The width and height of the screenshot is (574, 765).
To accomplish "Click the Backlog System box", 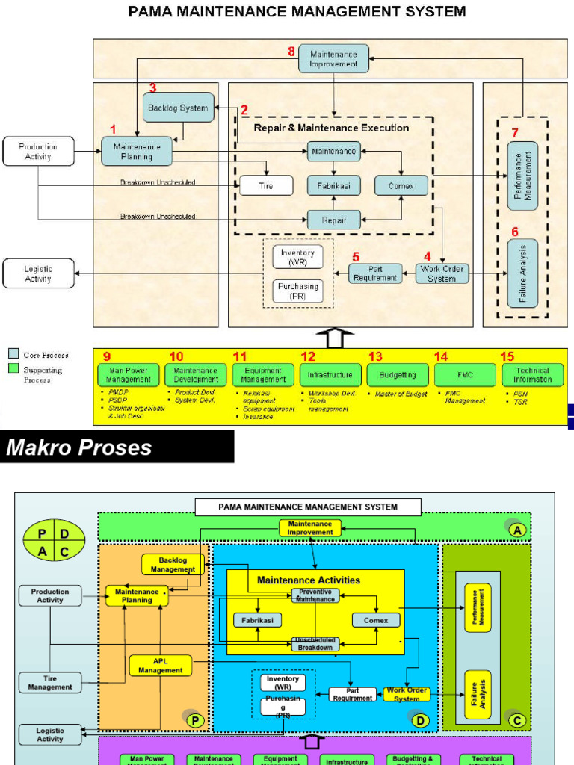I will coord(178,108).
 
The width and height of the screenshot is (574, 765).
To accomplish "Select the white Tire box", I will coord(266,185).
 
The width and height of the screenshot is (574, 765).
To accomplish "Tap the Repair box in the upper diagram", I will coord(333,220).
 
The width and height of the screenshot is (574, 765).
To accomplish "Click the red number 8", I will coord(291,52).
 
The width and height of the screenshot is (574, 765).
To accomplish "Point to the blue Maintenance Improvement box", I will coord(333,58).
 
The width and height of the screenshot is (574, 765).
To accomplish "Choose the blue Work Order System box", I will coord(442,273).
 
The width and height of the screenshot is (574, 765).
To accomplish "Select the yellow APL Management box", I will coord(160,666).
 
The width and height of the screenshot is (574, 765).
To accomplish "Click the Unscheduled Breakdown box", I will coord(315,643).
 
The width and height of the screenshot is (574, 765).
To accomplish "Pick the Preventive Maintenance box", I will coord(315,595).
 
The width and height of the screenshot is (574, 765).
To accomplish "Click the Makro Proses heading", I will coord(80,447).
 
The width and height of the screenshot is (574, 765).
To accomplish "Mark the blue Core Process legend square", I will coord(13,354).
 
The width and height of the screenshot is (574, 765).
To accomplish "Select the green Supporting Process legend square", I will coord(13,369).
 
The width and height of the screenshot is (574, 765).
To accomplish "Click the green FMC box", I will coord(464,374).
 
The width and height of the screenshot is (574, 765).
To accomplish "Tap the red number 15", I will coord(507,357).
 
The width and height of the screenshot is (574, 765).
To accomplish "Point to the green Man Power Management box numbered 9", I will coord(128,374).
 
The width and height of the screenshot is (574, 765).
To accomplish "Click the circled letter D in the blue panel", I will coord(421,719).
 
